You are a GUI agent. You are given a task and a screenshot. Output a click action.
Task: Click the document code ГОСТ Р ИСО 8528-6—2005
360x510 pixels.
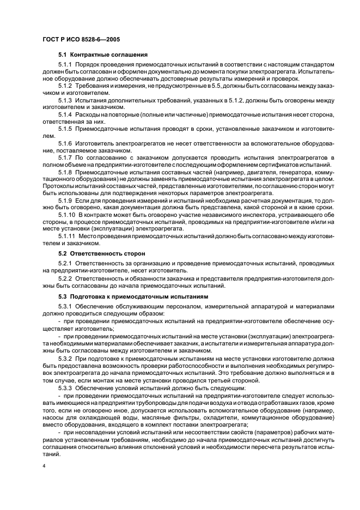[81, 40]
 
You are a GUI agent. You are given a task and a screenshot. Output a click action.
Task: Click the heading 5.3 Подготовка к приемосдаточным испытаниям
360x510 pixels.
[133, 296]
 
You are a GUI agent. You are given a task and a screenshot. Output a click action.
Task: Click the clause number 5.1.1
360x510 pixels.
[65, 65]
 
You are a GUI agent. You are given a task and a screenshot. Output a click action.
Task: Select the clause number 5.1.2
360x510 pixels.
[65, 86]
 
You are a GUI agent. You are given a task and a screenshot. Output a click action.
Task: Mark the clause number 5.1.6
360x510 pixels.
[65, 143]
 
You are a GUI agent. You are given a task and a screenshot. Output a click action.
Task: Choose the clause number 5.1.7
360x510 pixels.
[65, 157]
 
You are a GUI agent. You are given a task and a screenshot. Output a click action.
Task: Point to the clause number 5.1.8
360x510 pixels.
[65, 172]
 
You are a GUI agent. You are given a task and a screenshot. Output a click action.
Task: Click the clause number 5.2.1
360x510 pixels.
[65, 264]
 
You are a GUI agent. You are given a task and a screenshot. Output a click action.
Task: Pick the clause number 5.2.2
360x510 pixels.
[65, 278]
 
